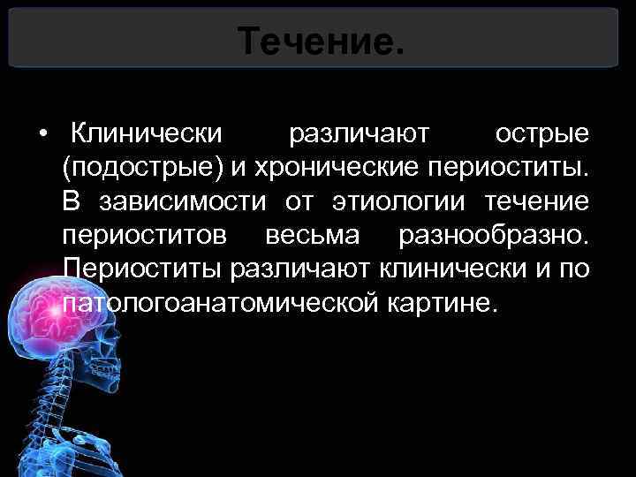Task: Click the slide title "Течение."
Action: [x=321, y=40]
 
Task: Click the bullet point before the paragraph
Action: [x=42, y=135]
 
